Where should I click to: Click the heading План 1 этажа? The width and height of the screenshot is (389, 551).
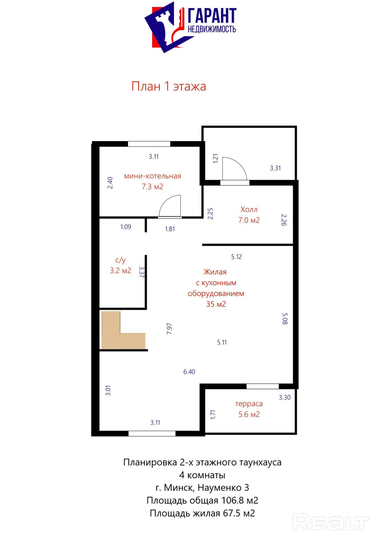[x=168, y=86]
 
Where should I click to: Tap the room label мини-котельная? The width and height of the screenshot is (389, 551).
[x=152, y=176]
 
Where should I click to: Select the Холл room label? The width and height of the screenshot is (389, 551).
[x=249, y=209]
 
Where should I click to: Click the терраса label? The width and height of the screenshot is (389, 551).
[x=249, y=404]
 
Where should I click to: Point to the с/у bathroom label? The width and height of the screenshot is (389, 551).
[x=121, y=260]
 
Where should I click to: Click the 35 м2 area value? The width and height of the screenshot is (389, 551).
[x=216, y=304]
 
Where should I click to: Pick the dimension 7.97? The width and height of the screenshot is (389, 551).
[x=169, y=329]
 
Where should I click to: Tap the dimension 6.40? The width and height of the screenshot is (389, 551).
[x=189, y=371]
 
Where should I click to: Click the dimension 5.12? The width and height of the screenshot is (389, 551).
[x=236, y=256]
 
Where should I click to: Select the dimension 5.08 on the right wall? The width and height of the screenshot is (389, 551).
[x=285, y=319]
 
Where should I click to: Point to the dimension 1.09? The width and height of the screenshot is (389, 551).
[x=126, y=227]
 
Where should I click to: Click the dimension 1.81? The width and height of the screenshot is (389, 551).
[x=170, y=229]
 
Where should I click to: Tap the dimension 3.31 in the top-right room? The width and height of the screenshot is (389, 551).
[x=275, y=168]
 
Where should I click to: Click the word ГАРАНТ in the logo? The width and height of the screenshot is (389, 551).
[x=212, y=15]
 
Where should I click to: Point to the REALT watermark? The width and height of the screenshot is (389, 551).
[x=330, y=522]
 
